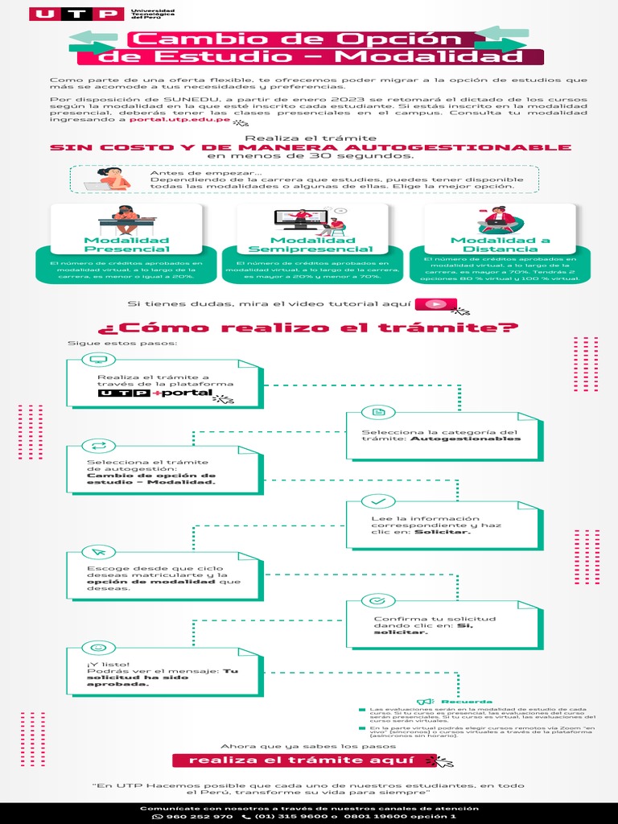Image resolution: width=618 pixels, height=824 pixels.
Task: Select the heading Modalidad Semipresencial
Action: [311, 245]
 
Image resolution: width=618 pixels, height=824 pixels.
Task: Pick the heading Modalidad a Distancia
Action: [500, 245]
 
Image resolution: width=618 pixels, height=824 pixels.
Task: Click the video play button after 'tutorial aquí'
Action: [436, 304]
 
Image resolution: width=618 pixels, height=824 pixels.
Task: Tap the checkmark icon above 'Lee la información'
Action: [378, 501]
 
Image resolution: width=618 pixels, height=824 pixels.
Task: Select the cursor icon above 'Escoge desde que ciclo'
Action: [98, 551]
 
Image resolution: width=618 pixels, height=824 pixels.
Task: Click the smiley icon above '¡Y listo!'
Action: [98, 646]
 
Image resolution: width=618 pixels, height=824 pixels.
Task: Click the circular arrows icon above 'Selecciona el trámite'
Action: [98, 445]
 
